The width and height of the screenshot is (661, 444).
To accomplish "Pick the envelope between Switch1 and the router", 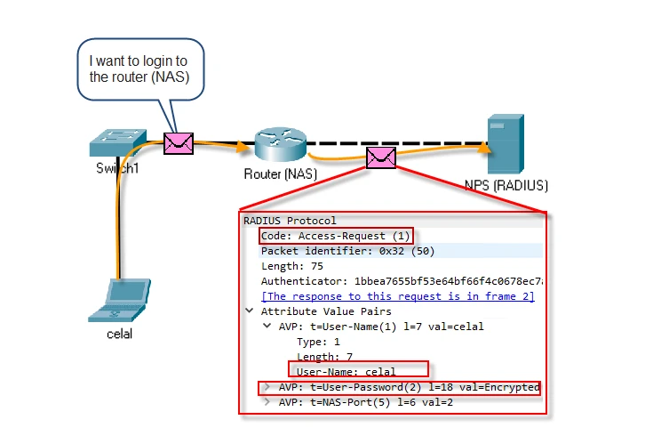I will tap(179, 141).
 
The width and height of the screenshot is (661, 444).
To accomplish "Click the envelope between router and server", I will tap(382, 157).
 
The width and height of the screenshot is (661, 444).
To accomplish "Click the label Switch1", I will tap(118, 168).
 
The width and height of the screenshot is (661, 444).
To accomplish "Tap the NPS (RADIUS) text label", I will tap(506, 186).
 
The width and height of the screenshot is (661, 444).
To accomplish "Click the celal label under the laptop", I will tap(119, 335).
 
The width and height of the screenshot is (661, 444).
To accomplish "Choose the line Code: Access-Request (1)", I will tap(337, 236).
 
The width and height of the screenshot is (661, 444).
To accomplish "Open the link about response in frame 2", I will tap(397, 296).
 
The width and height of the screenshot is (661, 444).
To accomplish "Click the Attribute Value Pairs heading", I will tap(326, 311).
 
